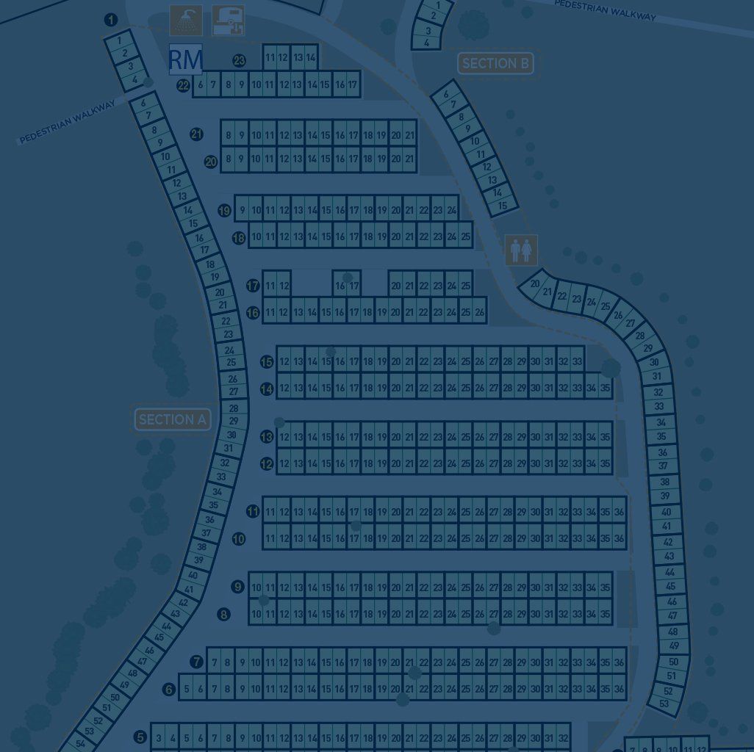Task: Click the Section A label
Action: click(x=173, y=419)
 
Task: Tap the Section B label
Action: click(x=495, y=64)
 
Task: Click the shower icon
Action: click(x=186, y=21)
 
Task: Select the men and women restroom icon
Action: click(x=521, y=250)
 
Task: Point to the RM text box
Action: click(x=185, y=59)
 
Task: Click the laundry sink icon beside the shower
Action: click(x=228, y=21)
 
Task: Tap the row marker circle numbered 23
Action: click(x=239, y=61)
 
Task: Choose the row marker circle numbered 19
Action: click(x=225, y=211)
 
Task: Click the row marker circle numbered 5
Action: click(x=140, y=737)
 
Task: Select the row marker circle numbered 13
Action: click(x=267, y=437)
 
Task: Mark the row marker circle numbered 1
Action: click(x=111, y=20)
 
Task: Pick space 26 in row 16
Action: click(x=480, y=312)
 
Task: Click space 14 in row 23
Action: click(x=311, y=57)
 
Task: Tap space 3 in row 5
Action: click(x=159, y=738)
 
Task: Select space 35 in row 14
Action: click(x=605, y=388)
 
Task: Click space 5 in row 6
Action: click(x=187, y=689)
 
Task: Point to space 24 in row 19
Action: click(x=451, y=211)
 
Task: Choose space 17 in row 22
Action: click(x=353, y=85)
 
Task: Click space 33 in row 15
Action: click(x=577, y=361)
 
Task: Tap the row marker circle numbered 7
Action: click(x=196, y=662)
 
